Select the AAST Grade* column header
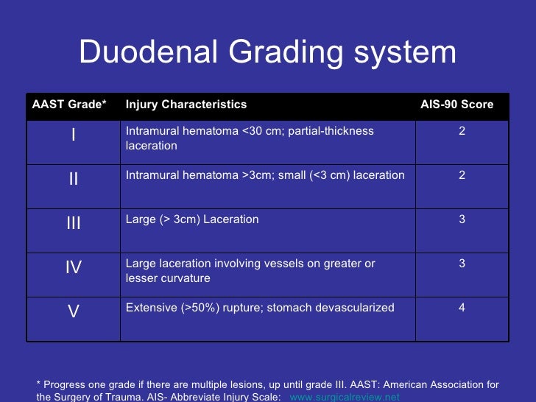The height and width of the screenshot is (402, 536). pyautogui.click(x=69, y=105)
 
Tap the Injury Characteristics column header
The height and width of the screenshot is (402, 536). pyautogui.click(x=186, y=105)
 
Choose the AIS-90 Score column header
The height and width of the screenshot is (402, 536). pyautogui.click(x=456, y=105)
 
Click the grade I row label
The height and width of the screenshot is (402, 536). pyautogui.click(x=74, y=136)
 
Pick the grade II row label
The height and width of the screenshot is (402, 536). pyautogui.click(x=74, y=180)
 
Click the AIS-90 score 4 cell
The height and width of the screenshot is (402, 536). pyautogui.click(x=462, y=308)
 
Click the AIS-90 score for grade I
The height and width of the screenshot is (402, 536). pyautogui.click(x=462, y=131)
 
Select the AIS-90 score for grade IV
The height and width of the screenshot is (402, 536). pyautogui.click(x=462, y=264)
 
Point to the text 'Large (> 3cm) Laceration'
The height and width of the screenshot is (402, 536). pyautogui.click(x=192, y=219)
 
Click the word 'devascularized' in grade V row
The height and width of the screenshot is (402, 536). pyautogui.click(x=357, y=308)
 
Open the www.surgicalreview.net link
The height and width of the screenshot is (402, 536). pyautogui.click(x=345, y=396)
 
